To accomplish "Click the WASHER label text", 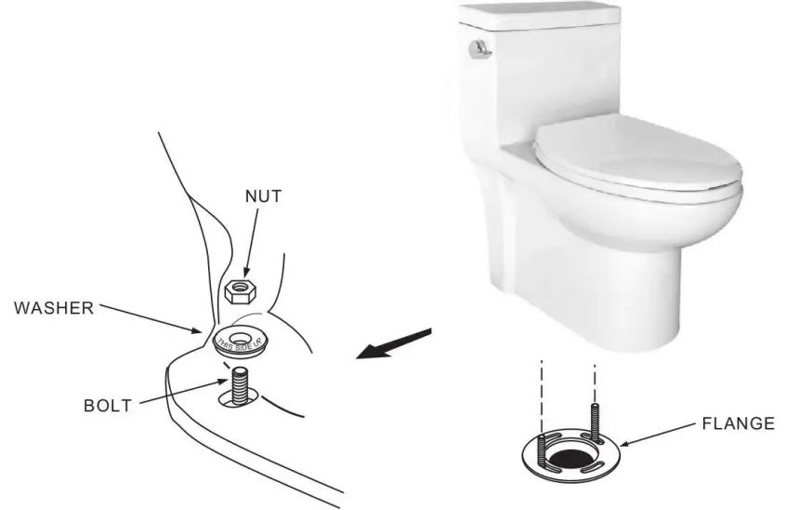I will point(54,308).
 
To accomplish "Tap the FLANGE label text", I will point(740,423).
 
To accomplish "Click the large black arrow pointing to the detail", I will point(394,343).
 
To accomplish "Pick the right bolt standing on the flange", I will point(595,416).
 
